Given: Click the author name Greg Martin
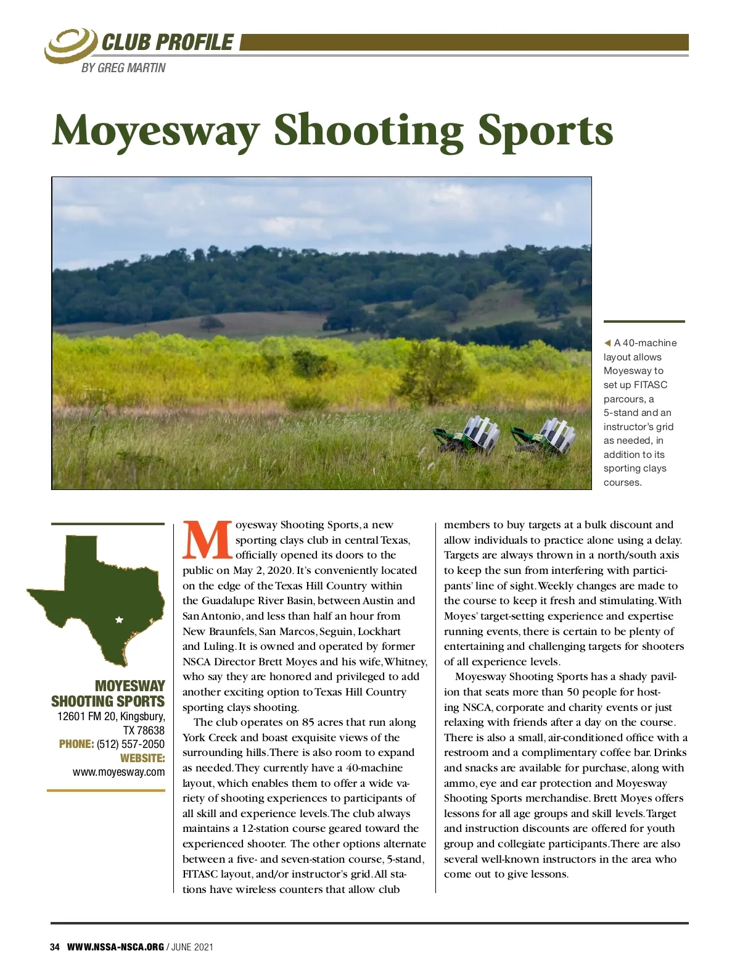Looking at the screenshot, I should [123, 68].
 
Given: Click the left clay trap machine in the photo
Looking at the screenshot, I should [468, 436].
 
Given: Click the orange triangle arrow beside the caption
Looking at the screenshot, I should [607, 343].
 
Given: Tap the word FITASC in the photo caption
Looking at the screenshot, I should [650, 384].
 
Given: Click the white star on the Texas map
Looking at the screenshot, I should [119, 620].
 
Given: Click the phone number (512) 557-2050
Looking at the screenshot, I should [131, 744].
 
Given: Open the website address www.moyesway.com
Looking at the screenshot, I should [119, 772].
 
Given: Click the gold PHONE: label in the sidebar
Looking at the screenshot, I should [76, 744].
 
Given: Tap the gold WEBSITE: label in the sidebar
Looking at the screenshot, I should [142, 758].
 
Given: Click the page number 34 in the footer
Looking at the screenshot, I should [55, 947].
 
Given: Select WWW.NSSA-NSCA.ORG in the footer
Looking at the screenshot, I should [115, 947].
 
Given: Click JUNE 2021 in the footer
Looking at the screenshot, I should [192, 947].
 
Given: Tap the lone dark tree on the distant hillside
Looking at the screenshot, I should [212, 322].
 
